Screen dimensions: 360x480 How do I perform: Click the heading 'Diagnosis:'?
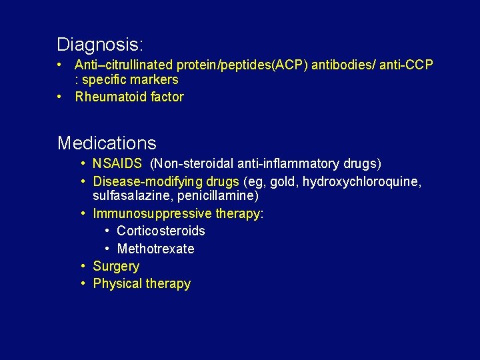tap(100, 45)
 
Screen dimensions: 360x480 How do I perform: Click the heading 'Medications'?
tap(107, 143)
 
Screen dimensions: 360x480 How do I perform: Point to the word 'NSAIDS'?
tap(117, 164)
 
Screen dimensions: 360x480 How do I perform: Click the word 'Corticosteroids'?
tap(161, 231)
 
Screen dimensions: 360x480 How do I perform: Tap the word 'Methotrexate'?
tap(155, 249)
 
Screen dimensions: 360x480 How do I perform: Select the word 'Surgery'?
tap(116, 267)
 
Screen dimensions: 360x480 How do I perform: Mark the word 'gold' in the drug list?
tap(283, 182)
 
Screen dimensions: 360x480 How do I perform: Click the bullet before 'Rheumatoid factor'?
tap(60, 97)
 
